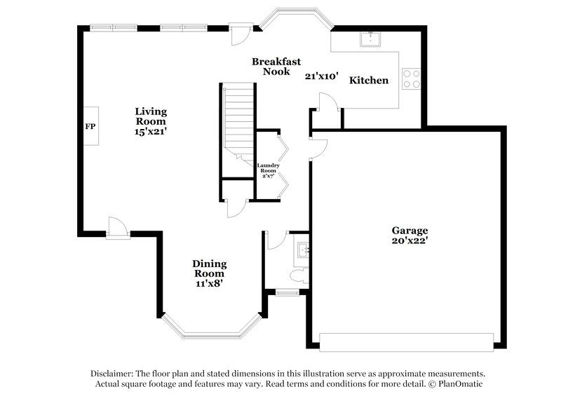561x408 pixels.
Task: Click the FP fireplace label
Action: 90,127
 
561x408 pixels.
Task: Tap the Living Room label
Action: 151,116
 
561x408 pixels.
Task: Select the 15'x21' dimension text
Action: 151,131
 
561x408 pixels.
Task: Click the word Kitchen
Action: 369,81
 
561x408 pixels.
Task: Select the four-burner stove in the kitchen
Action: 411,79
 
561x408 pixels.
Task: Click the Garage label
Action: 410,230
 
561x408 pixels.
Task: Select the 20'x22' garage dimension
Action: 410,240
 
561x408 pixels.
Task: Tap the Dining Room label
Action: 210,268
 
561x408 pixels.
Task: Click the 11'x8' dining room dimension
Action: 210,284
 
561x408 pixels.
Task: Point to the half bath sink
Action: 304,248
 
